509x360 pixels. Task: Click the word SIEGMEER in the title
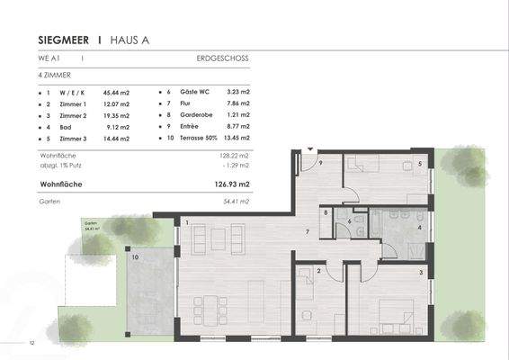(x=67, y=40)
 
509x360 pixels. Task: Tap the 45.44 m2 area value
(x=118, y=92)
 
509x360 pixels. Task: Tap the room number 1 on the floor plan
(x=187, y=222)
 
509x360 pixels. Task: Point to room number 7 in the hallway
(x=308, y=232)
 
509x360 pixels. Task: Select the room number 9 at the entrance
(x=320, y=163)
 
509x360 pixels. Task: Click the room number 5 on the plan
(x=420, y=164)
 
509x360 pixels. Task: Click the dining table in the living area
(x=215, y=306)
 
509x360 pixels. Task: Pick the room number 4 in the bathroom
(x=420, y=228)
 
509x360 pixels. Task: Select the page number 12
(x=31, y=343)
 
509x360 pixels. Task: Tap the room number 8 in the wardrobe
(x=326, y=212)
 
